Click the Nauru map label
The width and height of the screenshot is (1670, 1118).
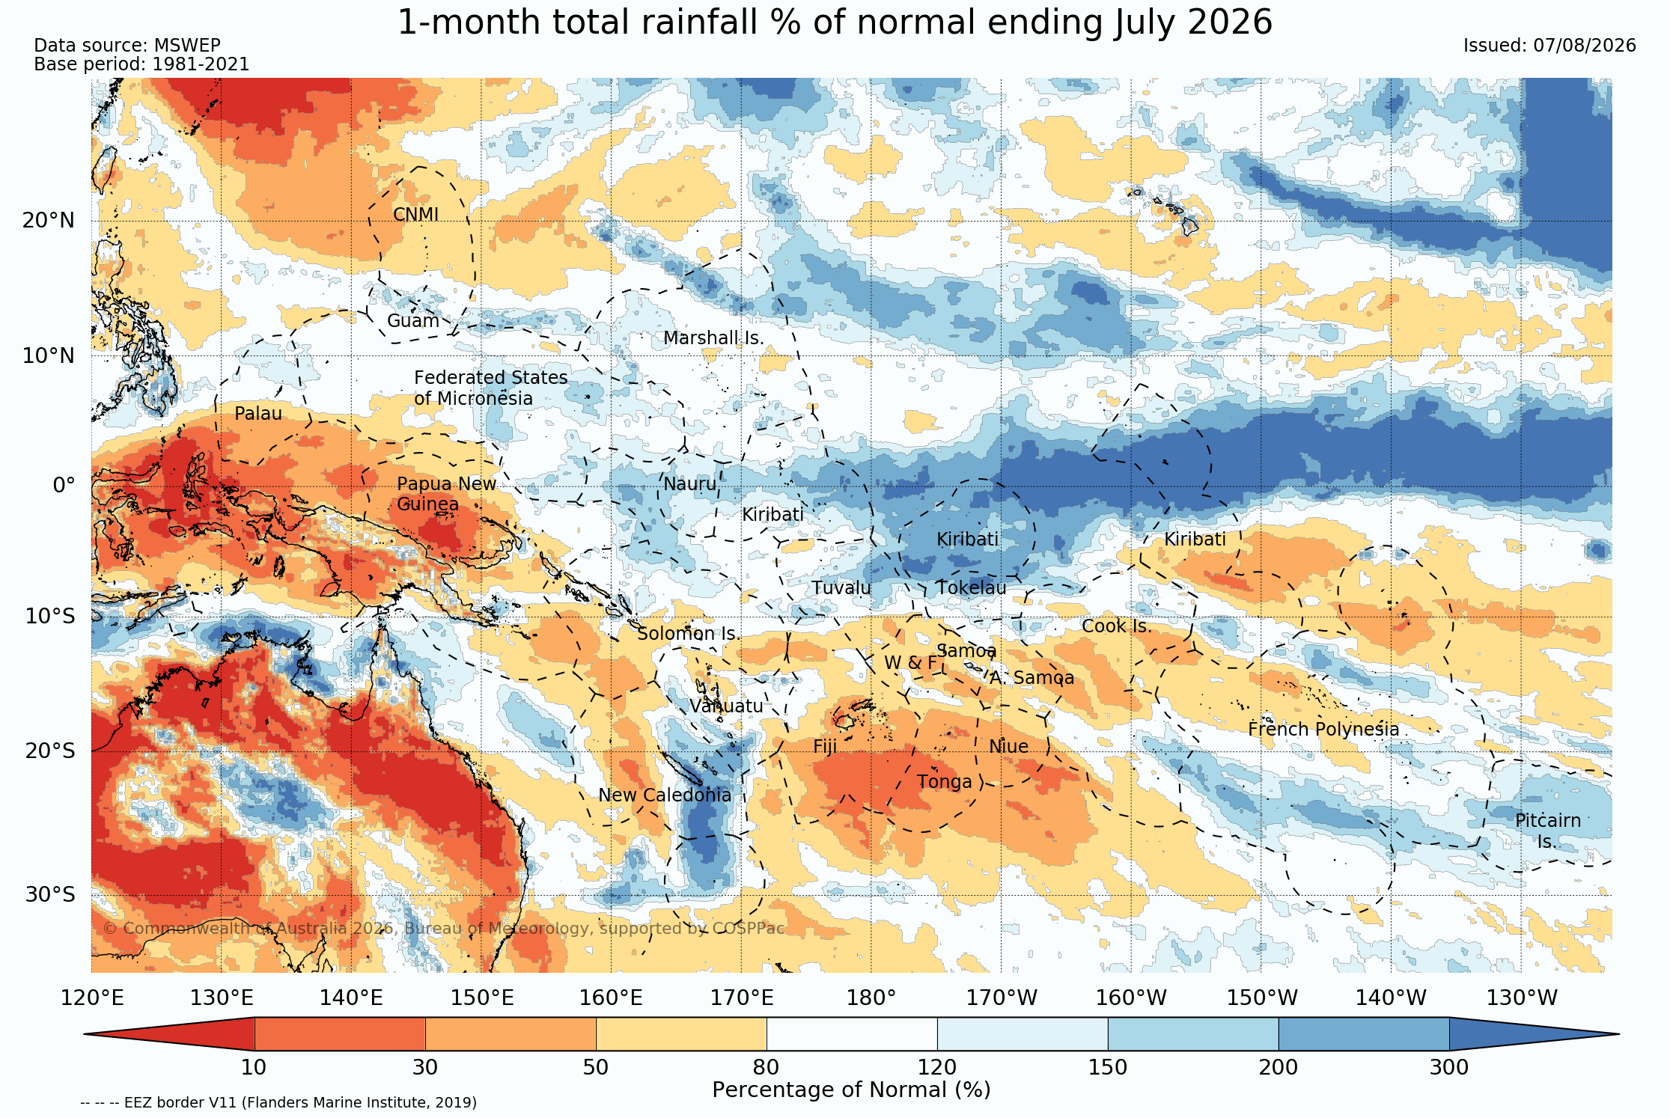pyautogui.click(x=689, y=484)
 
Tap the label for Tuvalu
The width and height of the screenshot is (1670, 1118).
pyautogui.click(x=841, y=588)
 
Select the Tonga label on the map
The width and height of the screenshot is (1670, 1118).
pyautogui.click(x=945, y=782)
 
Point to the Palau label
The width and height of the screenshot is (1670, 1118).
pyautogui.click(x=258, y=414)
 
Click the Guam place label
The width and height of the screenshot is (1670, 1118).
pyautogui.click(x=412, y=321)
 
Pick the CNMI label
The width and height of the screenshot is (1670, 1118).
pyautogui.click(x=415, y=215)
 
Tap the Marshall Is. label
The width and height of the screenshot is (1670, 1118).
pyautogui.click(x=713, y=338)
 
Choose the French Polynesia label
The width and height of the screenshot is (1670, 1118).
pyautogui.click(x=1323, y=730)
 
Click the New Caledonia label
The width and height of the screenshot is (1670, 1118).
pyautogui.click(x=665, y=795)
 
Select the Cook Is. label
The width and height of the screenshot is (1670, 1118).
pyautogui.click(x=1116, y=626)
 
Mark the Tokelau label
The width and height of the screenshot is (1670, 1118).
pyautogui.click(x=972, y=588)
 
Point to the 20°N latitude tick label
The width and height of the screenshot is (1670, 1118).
pyautogui.click(x=49, y=221)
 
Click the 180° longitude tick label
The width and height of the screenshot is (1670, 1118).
pyautogui.click(x=871, y=998)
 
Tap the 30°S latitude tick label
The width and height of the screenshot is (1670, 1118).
pyautogui.click(x=50, y=895)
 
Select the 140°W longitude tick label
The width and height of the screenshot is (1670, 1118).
pyautogui.click(x=1392, y=998)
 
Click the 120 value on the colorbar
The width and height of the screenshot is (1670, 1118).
pyautogui.click(x=937, y=1067)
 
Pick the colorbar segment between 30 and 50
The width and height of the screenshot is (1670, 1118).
pyautogui.click(x=511, y=1034)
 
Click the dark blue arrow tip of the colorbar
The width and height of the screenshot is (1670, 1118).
pyautogui.click(x=1617, y=1034)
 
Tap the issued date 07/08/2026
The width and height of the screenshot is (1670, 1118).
pyautogui.click(x=1585, y=46)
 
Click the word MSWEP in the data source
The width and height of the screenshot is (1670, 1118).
pyautogui.click(x=187, y=46)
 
